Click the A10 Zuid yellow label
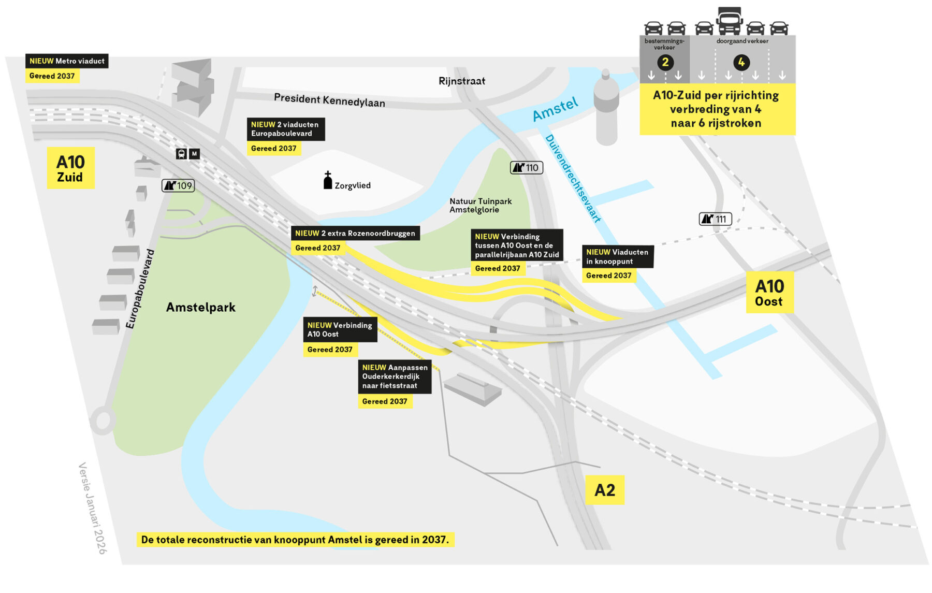pos(70,168)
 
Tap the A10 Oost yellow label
pos(769,293)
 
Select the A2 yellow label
pos(604,490)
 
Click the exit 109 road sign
pos(178,185)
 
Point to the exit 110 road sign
pos(526,167)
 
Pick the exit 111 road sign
pos(715,219)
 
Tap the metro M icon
pos(194,154)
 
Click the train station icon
pos(181,154)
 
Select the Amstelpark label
pos(200,307)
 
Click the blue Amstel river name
pos(555,109)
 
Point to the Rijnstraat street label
pos(461,81)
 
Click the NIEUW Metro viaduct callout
pos(67,61)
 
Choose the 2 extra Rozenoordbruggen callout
pos(355,234)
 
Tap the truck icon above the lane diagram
pos(729,21)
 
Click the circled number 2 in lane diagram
pos(665,63)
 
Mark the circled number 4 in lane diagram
pos(741,63)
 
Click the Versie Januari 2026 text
pos(92,508)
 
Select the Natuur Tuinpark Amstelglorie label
pos(480,206)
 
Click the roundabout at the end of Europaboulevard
pos(103,420)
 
